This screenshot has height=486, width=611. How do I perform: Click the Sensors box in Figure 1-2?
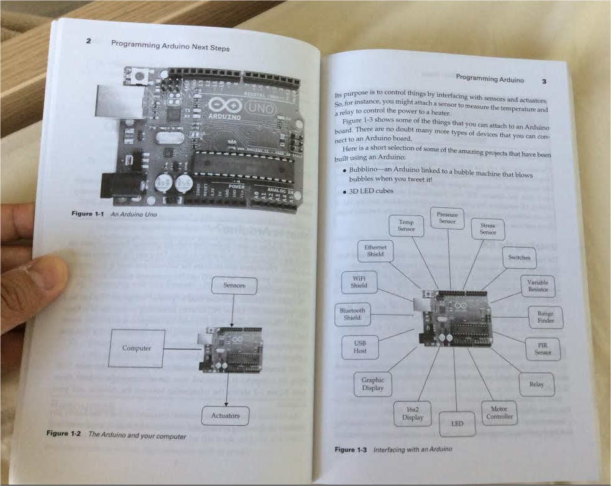[x=234, y=286]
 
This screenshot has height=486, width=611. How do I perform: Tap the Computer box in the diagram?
[x=137, y=348]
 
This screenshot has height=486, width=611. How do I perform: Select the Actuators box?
[x=225, y=415]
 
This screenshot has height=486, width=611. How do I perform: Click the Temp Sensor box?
[x=406, y=226]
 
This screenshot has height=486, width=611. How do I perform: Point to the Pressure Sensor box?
[x=447, y=218]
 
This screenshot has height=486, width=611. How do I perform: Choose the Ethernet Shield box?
[x=375, y=251]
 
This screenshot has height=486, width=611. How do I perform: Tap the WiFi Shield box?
[x=359, y=282]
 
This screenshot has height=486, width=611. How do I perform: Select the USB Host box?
[x=360, y=347]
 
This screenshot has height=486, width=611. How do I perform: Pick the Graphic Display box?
[x=372, y=384]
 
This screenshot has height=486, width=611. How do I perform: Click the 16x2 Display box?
[x=413, y=413]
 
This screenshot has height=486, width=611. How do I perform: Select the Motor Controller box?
[x=499, y=413]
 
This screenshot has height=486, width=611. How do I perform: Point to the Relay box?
[x=536, y=384]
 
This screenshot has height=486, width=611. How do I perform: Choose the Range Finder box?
[x=546, y=318]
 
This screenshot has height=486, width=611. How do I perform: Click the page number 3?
[x=544, y=81]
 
